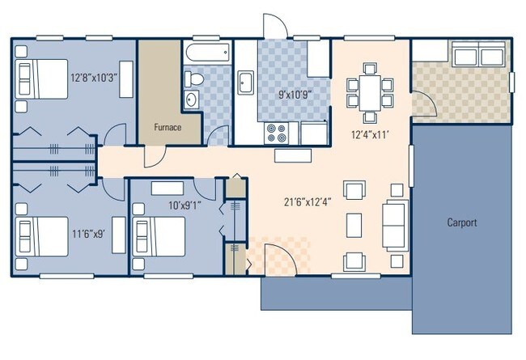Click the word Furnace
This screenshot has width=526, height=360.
[x=168, y=128]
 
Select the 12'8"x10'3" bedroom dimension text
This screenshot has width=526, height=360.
[x=95, y=78]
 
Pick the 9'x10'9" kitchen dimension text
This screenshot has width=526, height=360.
[x=295, y=95]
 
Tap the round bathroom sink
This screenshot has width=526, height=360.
[x=191, y=100]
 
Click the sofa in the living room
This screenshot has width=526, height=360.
[x=395, y=223]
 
